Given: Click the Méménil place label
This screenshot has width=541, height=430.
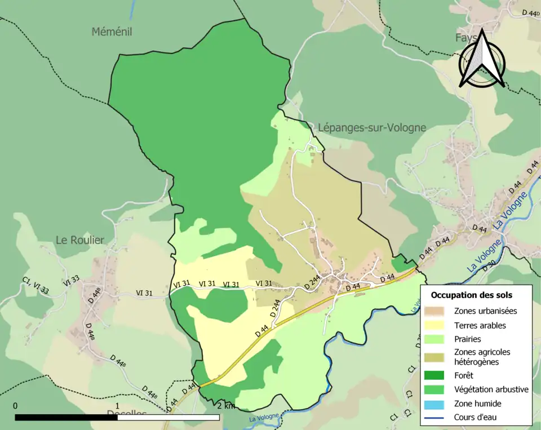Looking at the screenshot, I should tap(112, 32).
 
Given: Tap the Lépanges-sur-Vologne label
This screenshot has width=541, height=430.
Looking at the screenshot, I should tap(371, 128).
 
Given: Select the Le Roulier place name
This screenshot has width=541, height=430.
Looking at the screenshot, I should tap(80, 240).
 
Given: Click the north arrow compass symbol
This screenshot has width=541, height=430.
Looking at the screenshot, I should tap(482, 59).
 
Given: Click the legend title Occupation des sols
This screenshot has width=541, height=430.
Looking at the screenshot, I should tap(472, 295).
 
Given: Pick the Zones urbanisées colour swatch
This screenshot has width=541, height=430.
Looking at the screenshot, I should tap(438, 311).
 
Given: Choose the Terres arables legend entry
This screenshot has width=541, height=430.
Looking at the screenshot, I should tap(480, 325).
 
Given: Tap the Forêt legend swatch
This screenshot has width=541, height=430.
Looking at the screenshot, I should tap(438, 374).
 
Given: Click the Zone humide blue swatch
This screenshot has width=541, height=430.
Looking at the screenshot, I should tap(438, 404).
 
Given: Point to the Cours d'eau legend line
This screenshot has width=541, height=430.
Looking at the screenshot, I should tap(438, 418).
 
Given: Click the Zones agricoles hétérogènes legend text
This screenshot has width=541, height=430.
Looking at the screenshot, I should tap(482, 357).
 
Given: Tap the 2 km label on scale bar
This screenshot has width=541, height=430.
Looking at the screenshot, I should tap(225, 406).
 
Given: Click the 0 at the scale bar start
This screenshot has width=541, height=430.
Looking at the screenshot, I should tap(15, 406).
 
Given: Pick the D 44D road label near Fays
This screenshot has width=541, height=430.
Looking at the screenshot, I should tap(530, 12).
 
